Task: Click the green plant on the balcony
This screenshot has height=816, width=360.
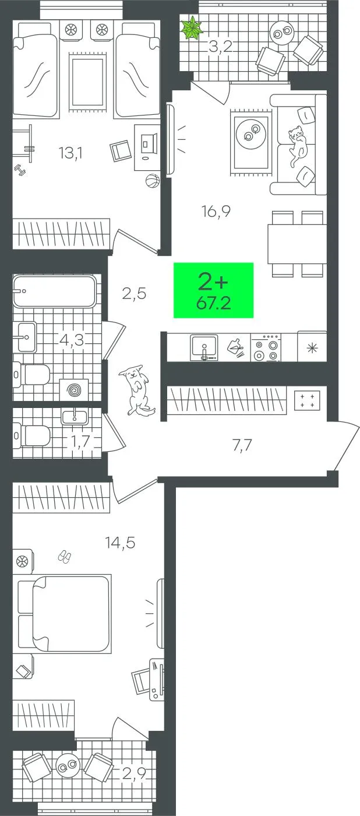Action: (192, 27)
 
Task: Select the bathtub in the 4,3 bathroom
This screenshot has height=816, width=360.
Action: (55, 291)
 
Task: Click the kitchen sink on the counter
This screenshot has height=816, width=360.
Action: (204, 347)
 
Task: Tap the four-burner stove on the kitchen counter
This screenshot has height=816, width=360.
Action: (266, 348)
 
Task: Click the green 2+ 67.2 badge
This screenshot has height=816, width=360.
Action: (213, 290)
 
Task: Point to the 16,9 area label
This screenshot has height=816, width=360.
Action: (216, 211)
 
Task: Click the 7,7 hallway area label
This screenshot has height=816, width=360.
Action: (242, 445)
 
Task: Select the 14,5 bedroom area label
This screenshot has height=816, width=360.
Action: (120, 543)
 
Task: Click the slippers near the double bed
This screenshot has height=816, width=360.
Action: (65, 557)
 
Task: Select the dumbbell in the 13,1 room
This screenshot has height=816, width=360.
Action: (20, 170)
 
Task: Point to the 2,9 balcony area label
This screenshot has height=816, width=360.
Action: (134, 771)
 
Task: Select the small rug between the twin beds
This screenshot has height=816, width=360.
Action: (87, 83)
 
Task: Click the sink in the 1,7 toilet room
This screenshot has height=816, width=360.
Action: (75, 417)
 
